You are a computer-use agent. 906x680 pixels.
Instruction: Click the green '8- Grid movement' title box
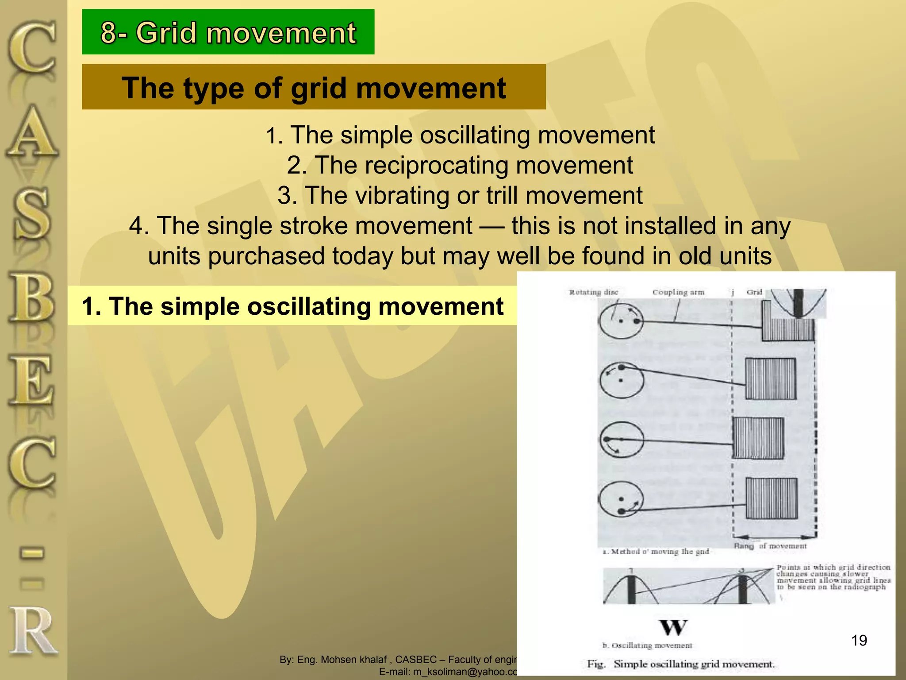pyautogui.click(x=228, y=32)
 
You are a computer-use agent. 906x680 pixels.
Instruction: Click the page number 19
pyautogui.click(x=859, y=640)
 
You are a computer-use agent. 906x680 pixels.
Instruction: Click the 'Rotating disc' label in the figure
pyautogui.click(x=593, y=292)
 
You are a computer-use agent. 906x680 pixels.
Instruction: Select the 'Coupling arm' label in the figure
pyautogui.click(x=678, y=292)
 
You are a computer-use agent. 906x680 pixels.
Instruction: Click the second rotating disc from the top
pyautogui.click(x=622, y=379)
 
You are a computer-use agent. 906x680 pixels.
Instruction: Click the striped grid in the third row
pyautogui.click(x=758, y=438)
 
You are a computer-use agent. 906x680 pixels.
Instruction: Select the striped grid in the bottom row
pyautogui.click(x=772, y=498)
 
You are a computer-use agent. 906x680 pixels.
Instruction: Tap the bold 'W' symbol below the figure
pyautogui.click(x=673, y=627)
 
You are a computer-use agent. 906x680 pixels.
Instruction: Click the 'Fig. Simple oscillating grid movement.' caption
pyautogui.click(x=681, y=664)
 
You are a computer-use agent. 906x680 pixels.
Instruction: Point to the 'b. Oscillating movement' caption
pyautogui.click(x=647, y=645)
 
